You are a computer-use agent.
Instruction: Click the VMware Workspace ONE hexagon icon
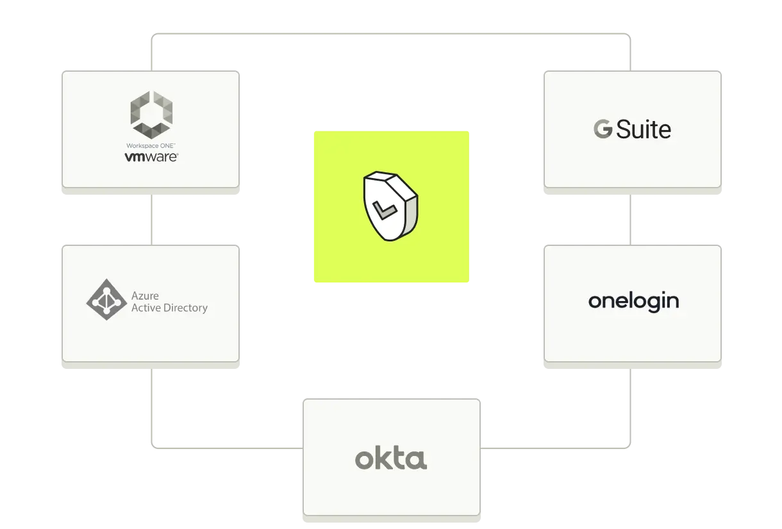(x=151, y=115)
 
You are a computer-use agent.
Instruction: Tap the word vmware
(x=151, y=156)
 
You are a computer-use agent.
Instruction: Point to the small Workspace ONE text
(x=151, y=146)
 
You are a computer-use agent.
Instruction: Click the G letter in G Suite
(x=603, y=129)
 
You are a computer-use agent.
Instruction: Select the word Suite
(x=644, y=129)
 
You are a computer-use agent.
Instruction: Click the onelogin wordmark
(x=633, y=302)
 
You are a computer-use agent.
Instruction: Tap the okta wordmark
(x=391, y=459)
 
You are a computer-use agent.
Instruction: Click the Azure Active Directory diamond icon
(x=106, y=299)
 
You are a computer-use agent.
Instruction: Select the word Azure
(x=145, y=296)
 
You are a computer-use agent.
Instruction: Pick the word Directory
(x=185, y=308)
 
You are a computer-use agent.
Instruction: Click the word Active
(x=145, y=308)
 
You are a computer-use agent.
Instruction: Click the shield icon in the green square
(x=390, y=206)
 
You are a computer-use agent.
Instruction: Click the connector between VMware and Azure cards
(x=151, y=218)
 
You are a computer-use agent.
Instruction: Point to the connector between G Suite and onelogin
(x=631, y=218)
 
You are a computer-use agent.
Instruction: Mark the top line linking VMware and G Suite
(x=391, y=33)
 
